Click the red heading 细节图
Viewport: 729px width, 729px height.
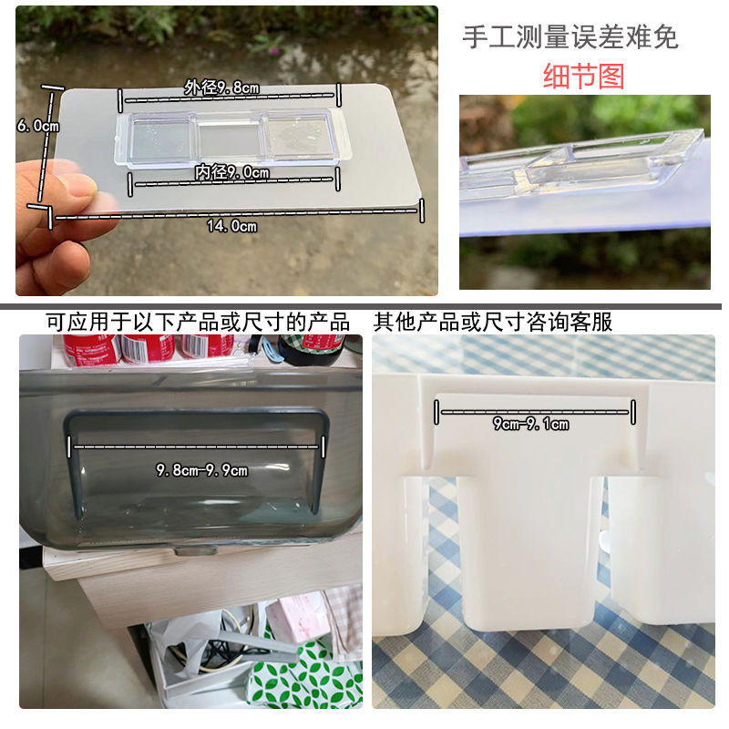coord(583,77)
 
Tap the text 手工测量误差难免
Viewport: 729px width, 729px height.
coord(570,37)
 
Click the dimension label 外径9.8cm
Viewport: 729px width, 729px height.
coord(221,87)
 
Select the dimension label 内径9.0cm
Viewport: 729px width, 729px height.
coord(232,172)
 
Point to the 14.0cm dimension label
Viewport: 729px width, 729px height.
coord(231,226)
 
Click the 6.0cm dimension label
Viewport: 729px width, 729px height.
coord(38,126)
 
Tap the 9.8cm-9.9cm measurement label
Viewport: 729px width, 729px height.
coord(201,470)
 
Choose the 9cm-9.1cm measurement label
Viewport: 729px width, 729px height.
coord(530,424)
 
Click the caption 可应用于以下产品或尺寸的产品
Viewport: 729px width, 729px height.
coord(198,322)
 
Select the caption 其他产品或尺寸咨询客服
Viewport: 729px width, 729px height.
coord(493,322)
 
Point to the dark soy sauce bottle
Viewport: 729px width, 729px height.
coord(313,349)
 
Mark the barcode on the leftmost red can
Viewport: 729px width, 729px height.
coord(108,348)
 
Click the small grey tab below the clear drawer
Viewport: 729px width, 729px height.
coord(195,551)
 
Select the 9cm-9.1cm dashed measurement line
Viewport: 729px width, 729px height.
coord(535,412)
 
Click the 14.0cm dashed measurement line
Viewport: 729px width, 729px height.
coord(237,213)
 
